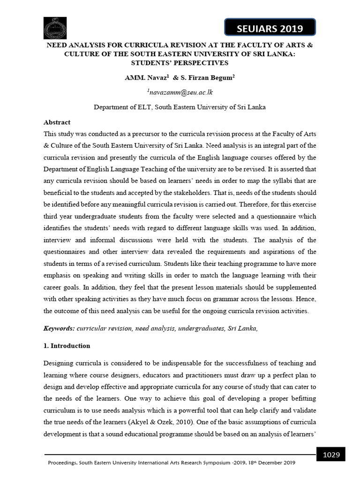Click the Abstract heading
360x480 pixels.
(57, 122)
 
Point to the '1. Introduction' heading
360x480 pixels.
(67, 345)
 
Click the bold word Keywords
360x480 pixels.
(58, 329)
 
